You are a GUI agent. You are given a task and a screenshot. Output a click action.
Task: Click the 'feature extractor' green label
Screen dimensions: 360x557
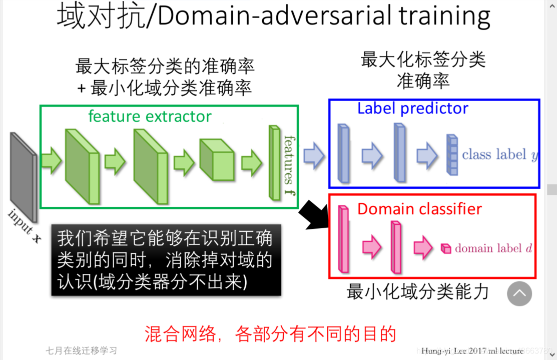[150, 117]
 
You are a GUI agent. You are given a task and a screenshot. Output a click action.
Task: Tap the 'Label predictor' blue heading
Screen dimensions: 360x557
[412, 108]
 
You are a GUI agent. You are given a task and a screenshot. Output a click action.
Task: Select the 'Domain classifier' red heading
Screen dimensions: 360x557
[419, 209]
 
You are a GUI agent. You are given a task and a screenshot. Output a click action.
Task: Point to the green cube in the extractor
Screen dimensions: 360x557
[216, 159]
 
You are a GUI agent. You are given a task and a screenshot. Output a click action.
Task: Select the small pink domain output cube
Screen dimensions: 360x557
[445, 248]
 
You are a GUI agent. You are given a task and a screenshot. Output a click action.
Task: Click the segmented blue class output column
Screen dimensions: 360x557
[452, 154]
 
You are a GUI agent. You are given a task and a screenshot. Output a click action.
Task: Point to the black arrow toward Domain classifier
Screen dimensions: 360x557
[313, 214]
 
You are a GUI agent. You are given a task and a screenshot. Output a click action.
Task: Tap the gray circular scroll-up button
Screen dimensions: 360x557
[519, 293]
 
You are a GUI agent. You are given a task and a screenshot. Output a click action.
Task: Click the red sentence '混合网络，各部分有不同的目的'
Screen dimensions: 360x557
[270, 333]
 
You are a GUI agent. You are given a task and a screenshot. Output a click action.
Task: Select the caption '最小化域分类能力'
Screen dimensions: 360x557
[417, 292]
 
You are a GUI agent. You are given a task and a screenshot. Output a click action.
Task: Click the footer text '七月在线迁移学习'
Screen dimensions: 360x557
[81, 350]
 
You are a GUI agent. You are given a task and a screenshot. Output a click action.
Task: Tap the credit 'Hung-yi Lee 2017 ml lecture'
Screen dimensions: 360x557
[472, 351]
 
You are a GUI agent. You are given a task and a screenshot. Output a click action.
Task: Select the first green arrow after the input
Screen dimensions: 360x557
[51, 161]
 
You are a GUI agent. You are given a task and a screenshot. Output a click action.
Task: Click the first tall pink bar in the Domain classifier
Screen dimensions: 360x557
[343, 239]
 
